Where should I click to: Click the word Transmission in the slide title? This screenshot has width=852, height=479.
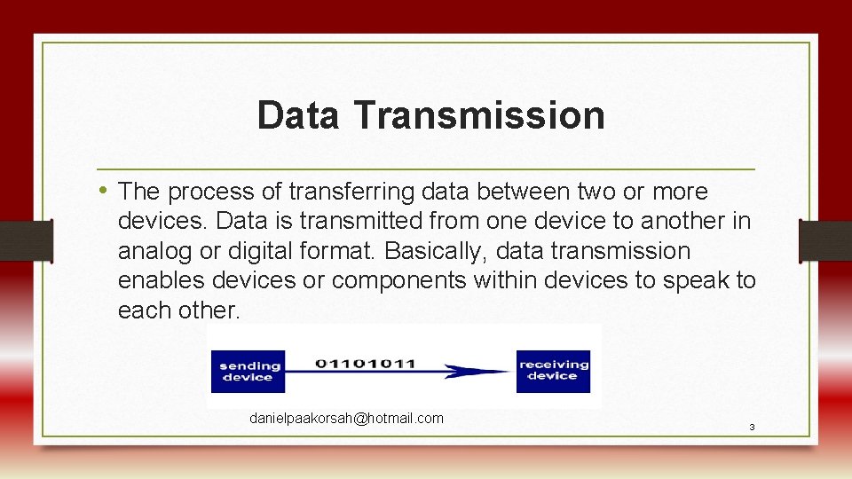coord(478,116)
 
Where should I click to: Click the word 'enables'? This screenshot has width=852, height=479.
coord(164,281)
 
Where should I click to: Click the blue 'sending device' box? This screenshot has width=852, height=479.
coord(248,372)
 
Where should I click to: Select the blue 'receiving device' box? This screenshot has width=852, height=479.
coord(553,371)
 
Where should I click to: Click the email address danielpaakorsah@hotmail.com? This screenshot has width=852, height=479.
coord(346,418)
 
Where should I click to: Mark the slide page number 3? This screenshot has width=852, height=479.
coord(752,428)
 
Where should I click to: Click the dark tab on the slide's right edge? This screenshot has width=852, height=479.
coord(825,240)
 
